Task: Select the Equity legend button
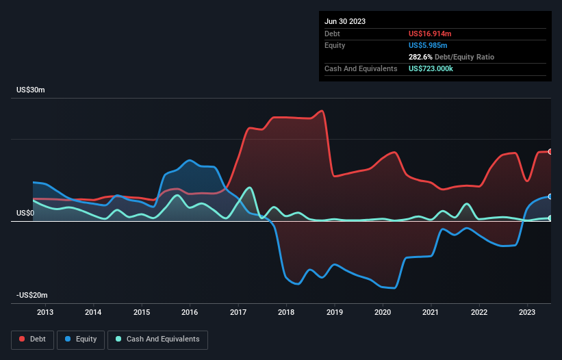[x=81, y=339]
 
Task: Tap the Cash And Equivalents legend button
[x=157, y=339]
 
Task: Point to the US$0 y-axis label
[x=25, y=214]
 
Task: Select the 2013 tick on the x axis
[x=45, y=313]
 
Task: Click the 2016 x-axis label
[x=190, y=313]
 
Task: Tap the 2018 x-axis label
[x=286, y=313]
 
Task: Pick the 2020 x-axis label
[x=383, y=313]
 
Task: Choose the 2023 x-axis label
[x=527, y=313]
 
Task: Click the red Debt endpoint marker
[x=550, y=151]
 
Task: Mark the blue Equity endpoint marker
[x=550, y=196]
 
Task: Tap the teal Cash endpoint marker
[x=550, y=218]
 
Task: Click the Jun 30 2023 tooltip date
[x=345, y=21]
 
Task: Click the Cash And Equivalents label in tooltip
[x=361, y=68]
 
